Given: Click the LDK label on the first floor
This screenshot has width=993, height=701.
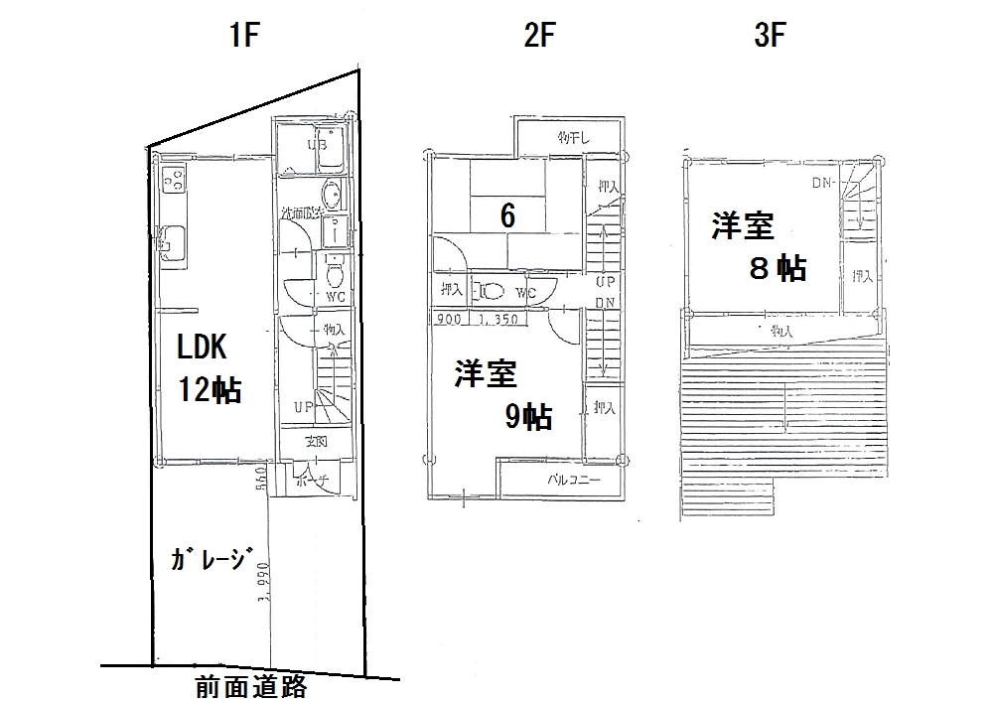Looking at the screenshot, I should [203, 347].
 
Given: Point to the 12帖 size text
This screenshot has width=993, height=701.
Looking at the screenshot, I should [210, 389].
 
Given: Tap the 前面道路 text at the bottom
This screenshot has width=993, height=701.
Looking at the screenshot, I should [251, 686].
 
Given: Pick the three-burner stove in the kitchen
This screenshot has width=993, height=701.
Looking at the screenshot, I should [173, 181].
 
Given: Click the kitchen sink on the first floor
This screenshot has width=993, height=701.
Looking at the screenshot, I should [172, 240].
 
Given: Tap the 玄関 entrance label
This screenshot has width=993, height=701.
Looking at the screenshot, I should [316, 441].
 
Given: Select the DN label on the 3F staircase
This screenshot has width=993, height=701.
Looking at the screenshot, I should [822, 183].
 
